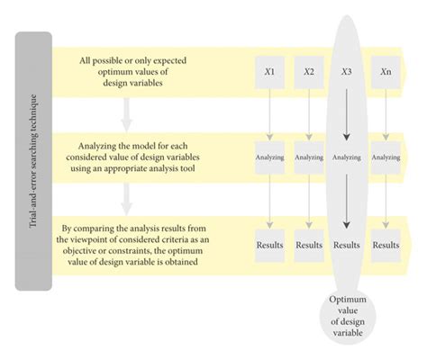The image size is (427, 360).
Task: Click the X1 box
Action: [x=269, y=72]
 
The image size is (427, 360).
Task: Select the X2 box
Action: [x=309, y=72]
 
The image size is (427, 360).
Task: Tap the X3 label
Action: [x=347, y=72]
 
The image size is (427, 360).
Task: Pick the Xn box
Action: [x=386, y=72]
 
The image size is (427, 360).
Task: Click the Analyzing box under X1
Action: [x=269, y=157]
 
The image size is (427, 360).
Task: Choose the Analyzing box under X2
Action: [x=309, y=157]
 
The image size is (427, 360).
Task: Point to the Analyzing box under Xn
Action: [x=386, y=157]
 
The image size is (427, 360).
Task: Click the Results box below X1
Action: [x=269, y=246]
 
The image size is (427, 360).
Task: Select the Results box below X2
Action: [x=309, y=246]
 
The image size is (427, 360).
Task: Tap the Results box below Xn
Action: [x=386, y=246]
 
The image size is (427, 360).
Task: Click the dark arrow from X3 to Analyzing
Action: [x=347, y=114]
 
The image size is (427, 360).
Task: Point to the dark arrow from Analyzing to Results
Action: [x=347, y=202]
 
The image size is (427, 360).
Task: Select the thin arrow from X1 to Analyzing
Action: [x=269, y=114]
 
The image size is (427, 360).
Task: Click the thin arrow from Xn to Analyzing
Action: [x=386, y=114]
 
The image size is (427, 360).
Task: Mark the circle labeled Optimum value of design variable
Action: [x=348, y=317]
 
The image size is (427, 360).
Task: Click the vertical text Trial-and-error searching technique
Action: [x=33, y=161]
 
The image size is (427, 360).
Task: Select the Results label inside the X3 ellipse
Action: [x=347, y=245]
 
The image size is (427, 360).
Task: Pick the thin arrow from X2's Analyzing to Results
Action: [x=309, y=202]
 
